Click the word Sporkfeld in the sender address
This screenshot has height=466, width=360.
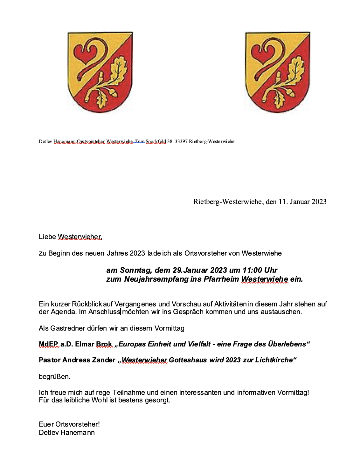pyautogui.click(x=156, y=141)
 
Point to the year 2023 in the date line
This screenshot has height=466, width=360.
pyautogui.click(x=319, y=202)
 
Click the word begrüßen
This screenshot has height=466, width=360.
pyautogui.click(x=54, y=377)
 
